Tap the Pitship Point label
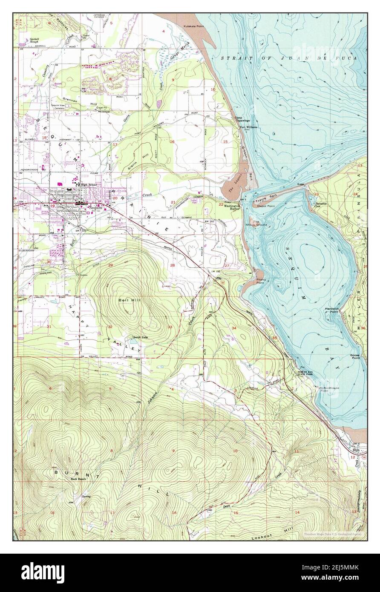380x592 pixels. point(261,281)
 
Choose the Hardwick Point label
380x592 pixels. point(334,310)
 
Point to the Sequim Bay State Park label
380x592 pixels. point(307,373)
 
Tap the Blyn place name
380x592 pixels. point(356,449)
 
